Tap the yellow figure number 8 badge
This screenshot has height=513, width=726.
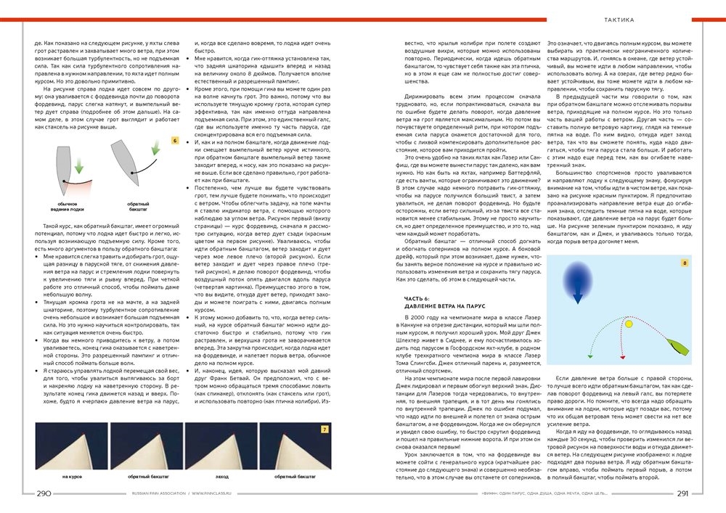coord(684,262)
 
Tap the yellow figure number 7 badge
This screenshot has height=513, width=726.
coord(325,430)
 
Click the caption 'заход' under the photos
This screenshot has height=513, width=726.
coord(221,477)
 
